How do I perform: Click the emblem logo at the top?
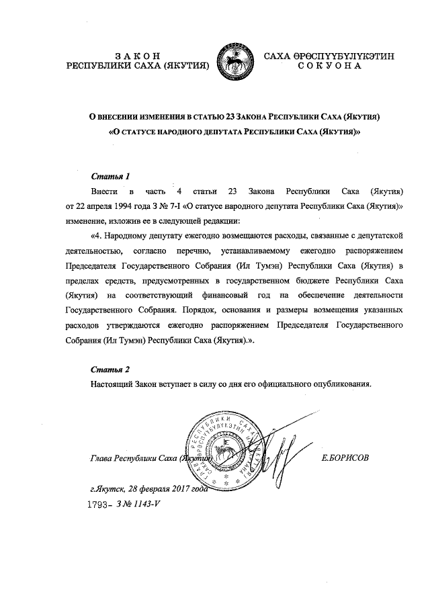coord(234,60)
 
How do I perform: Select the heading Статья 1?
coord(110,177)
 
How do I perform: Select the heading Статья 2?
coord(110,370)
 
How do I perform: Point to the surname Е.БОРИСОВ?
coord(346,458)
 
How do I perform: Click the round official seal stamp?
coord(224,446)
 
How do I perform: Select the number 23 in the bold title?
coord(234,117)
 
